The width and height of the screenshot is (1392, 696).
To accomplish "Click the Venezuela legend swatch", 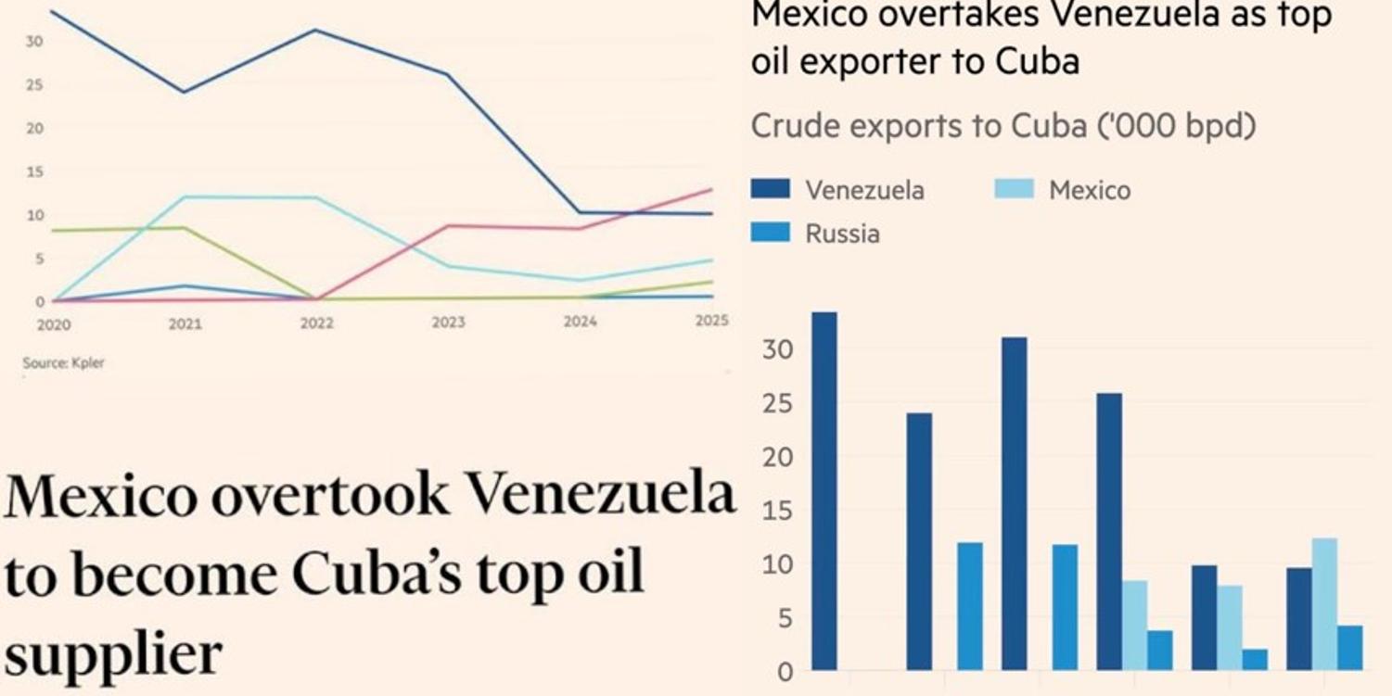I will pyautogui.click(x=770, y=189).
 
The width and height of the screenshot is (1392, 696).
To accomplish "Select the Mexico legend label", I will pyautogui.click(x=1089, y=190).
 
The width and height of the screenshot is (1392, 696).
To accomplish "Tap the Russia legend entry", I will pyautogui.click(x=841, y=234).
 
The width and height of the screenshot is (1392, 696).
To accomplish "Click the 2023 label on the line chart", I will pyautogui.click(x=448, y=323).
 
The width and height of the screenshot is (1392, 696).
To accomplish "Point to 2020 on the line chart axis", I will pyautogui.click(x=54, y=325).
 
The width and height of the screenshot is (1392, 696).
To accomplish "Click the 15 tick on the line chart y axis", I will pyautogui.click(x=35, y=171).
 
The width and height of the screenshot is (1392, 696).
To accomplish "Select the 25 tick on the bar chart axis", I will pyautogui.click(x=776, y=404).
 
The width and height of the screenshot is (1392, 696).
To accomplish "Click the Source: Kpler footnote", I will pyautogui.click(x=63, y=363).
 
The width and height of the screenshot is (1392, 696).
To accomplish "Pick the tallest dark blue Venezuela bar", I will pyautogui.click(x=824, y=490).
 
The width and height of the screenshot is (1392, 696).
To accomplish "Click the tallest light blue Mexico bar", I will pyautogui.click(x=1324, y=603).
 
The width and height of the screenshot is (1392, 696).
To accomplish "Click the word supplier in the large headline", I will pyautogui.click(x=113, y=654).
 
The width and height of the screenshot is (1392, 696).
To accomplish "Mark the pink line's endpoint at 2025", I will pyautogui.click(x=711, y=189).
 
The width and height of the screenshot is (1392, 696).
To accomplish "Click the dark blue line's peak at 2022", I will pyautogui.click(x=314, y=30).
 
